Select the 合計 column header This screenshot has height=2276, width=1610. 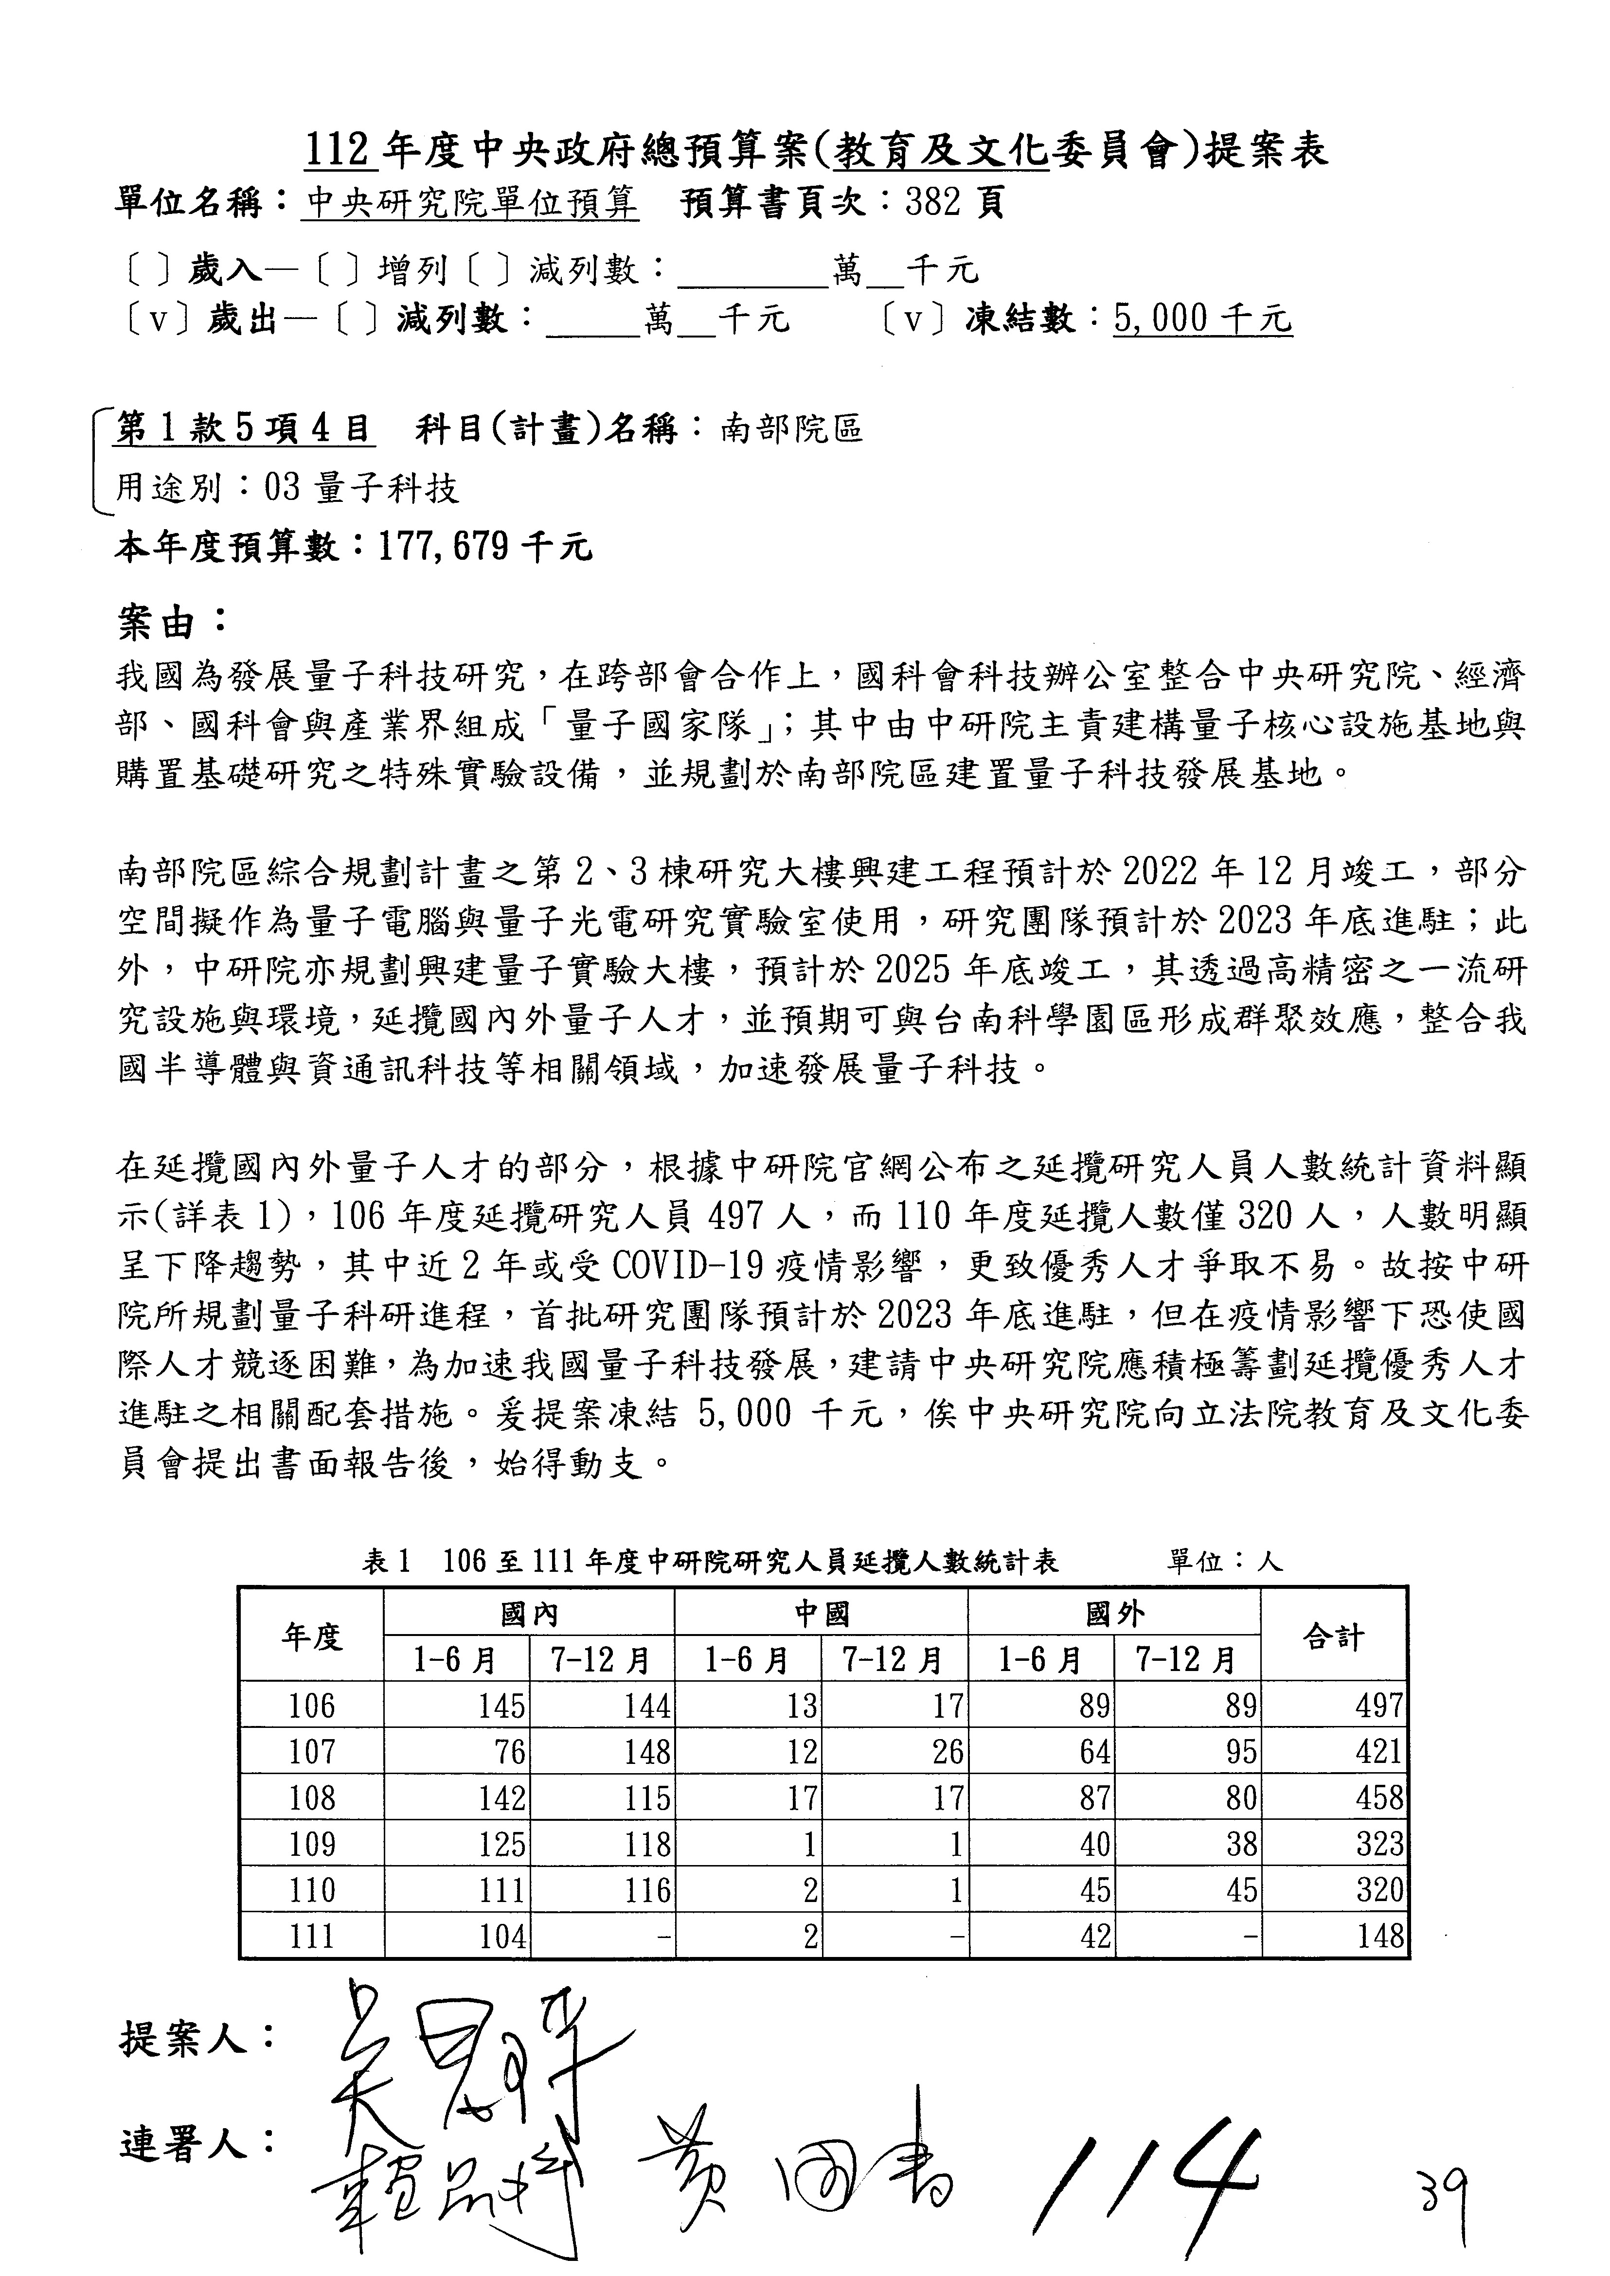(x=1333, y=1636)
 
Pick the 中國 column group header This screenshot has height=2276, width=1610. (x=821, y=1615)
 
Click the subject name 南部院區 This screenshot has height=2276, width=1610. (x=791, y=429)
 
